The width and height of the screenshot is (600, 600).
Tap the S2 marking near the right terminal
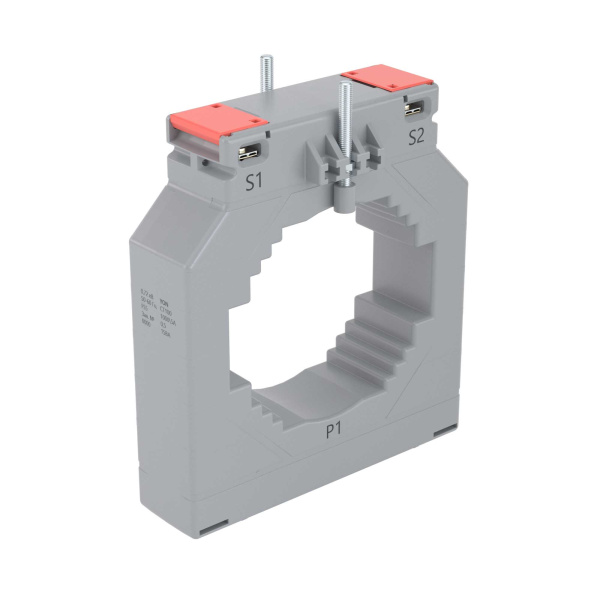coord(416,137)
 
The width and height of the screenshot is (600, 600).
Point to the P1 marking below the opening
coord(336,431)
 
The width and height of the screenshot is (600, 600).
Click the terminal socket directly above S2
coord(413,108)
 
